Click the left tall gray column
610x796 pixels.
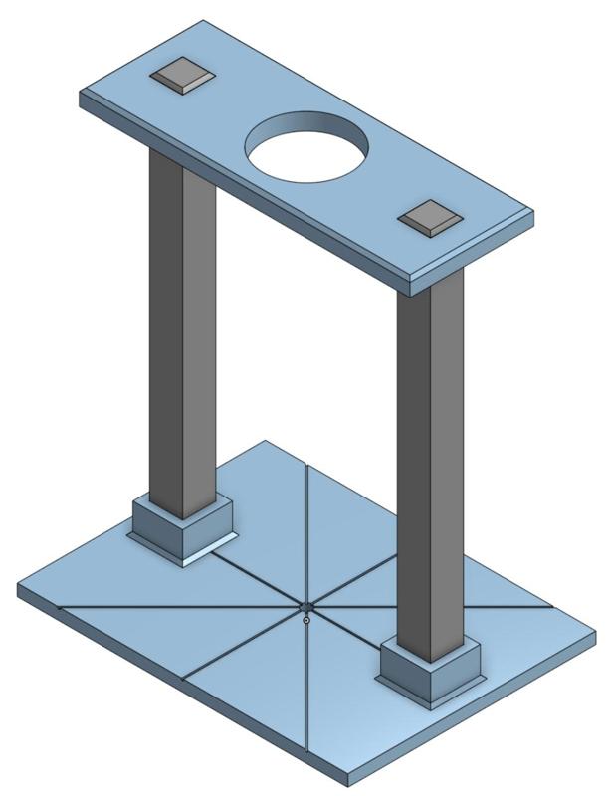(x=181, y=328)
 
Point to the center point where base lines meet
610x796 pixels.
(x=306, y=607)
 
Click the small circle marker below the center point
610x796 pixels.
(x=306, y=621)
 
